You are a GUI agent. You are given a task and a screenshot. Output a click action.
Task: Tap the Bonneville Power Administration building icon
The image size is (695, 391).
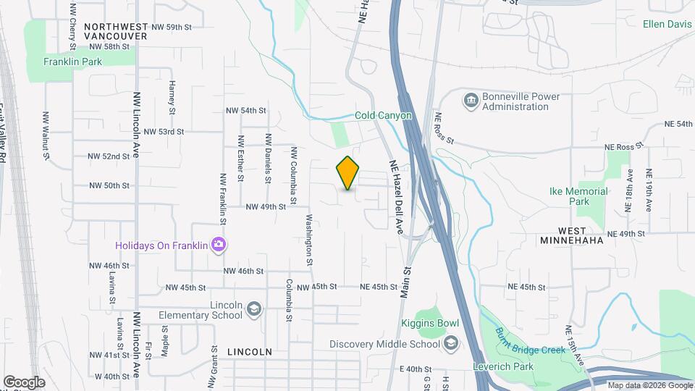(x=471, y=98)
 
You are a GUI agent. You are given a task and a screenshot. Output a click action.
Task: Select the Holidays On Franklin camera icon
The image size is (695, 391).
(x=218, y=245)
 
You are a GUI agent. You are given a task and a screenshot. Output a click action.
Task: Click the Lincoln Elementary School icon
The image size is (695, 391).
(x=253, y=310)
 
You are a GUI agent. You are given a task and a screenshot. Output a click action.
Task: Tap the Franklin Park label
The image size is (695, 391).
(x=72, y=62)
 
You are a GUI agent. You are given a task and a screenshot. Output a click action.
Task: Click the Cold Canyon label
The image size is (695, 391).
(x=383, y=115)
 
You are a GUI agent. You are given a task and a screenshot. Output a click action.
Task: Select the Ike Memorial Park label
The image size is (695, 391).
(x=578, y=196)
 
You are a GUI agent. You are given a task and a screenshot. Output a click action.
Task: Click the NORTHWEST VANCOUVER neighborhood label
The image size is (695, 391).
(x=116, y=30)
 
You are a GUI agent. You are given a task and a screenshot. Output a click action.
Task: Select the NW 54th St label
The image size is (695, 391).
(x=246, y=111)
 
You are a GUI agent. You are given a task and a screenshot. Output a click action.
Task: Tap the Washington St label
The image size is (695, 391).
(x=311, y=235)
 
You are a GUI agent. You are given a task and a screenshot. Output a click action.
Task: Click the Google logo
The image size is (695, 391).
(x=24, y=382)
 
